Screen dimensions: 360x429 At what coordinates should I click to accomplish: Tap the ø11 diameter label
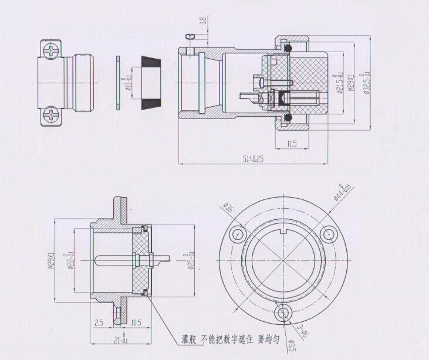127,85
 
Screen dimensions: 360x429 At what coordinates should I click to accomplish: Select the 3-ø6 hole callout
302,332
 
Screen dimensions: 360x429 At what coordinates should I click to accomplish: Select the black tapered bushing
151,84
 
